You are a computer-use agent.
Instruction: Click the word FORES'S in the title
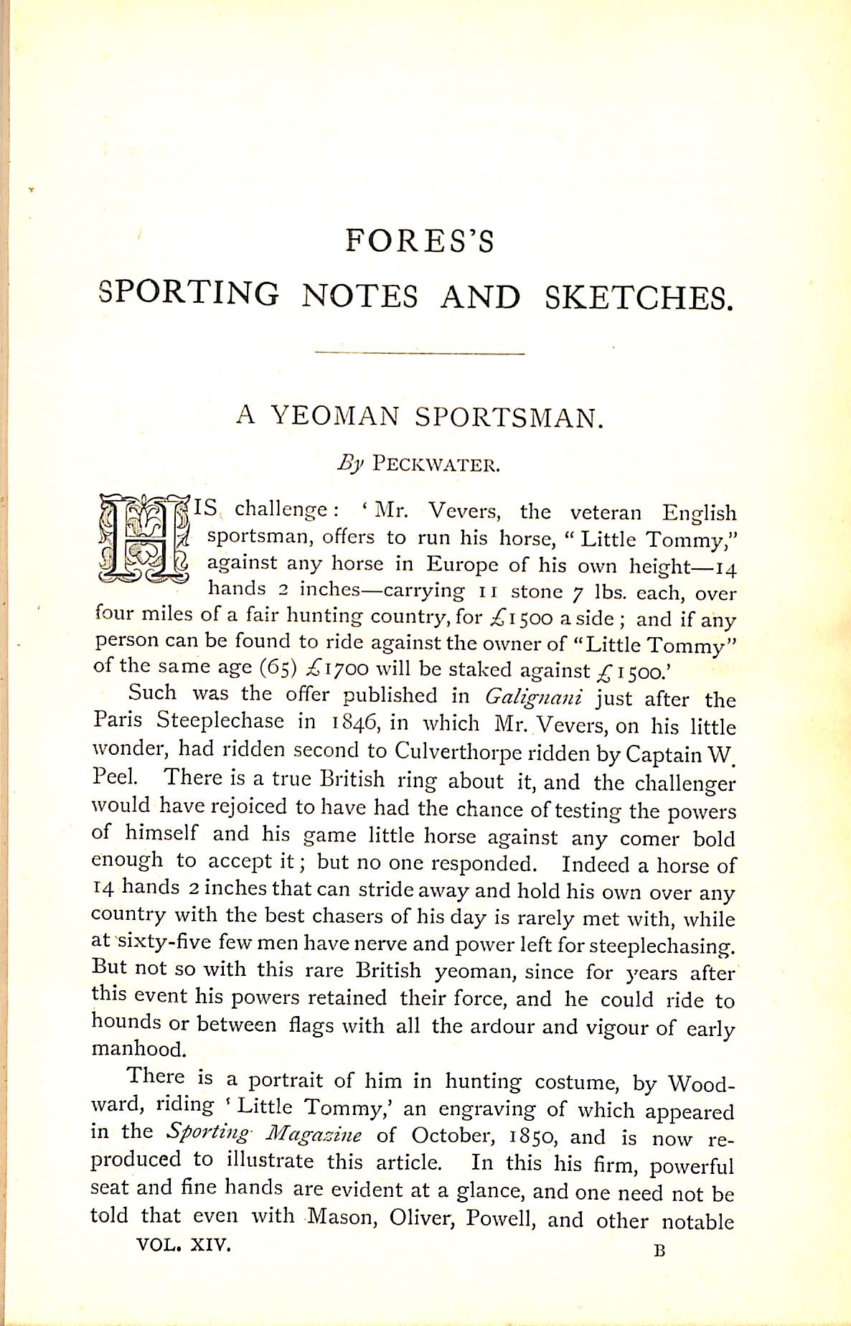point(420,242)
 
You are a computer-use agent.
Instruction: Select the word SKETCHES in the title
point(639,296)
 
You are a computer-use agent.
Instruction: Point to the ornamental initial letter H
point(144,539)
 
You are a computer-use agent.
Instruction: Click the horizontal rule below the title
point(420,353)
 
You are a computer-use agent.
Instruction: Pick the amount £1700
point(337,669)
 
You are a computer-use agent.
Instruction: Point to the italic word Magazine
point(314,1135)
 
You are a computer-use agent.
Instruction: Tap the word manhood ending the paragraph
point(138,1049)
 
